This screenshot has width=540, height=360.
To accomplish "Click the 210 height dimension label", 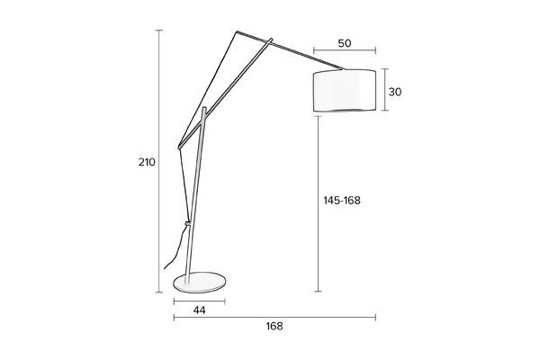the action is (x=147, y=162).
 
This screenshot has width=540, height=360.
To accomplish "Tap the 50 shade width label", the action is (x=345, y=43).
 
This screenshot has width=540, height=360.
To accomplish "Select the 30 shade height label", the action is (x=395, y=92).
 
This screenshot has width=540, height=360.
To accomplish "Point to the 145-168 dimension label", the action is (x=342, y=200).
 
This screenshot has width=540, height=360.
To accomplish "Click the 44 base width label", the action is (x=200, y=310).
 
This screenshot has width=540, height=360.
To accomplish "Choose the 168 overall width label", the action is (x=274, y=326).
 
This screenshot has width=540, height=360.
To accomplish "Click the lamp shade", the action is (x=345, y=90).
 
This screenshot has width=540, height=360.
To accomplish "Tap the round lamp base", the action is (x=200, y=282).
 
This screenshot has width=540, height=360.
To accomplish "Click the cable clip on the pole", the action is (x=188, y=223).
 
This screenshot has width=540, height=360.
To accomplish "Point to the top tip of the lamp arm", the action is (x=237, y=32).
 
